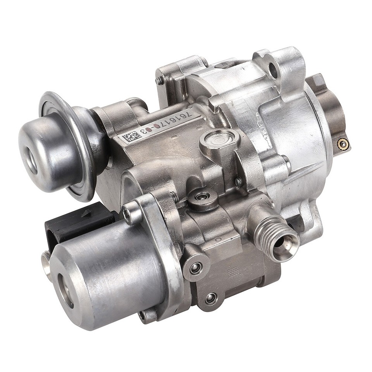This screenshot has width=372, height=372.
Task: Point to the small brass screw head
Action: (x=342, y=144)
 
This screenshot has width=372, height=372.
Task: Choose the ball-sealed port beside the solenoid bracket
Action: (x=195, y=267)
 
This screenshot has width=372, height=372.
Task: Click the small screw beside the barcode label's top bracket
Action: (x=160, y=81)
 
